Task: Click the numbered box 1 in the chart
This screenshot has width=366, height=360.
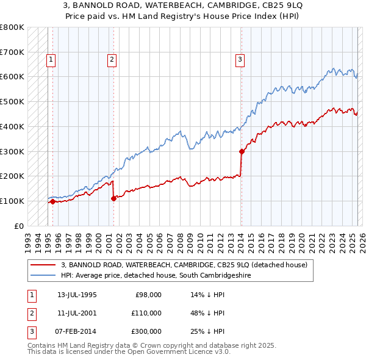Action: click(50, 60)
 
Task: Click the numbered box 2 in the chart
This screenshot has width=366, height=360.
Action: click(112, 60)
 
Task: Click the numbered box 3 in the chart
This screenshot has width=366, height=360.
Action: click(240, 60)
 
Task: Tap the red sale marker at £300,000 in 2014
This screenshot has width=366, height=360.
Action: click(242, 151)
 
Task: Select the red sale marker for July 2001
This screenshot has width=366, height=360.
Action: click(113, 198)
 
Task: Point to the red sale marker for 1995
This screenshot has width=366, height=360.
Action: click(52, 201)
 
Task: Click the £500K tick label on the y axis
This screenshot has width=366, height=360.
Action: click(12, 101)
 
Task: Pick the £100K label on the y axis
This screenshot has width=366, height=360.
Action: click(12, 201)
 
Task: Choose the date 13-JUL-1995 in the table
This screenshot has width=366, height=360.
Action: click(77, 295)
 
